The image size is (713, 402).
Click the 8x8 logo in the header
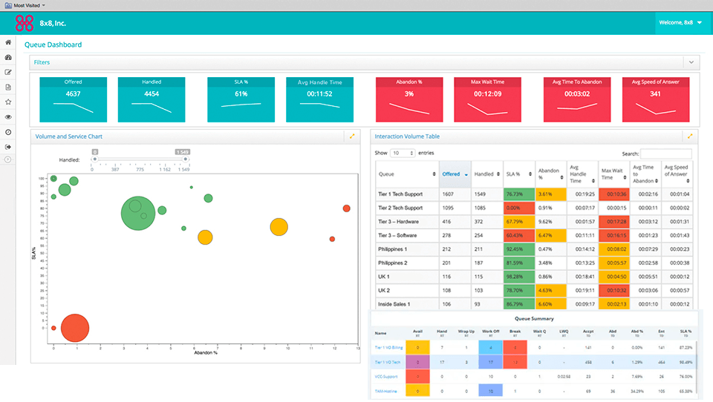25,23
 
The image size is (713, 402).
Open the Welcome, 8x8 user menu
679,23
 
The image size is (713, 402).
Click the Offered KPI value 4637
73,94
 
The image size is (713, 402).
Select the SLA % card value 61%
241,94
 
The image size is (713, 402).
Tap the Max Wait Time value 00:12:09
486,94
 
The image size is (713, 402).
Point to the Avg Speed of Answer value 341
655,94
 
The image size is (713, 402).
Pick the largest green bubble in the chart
136,213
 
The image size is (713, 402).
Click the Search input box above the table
666,153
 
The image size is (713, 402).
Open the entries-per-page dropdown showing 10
402,153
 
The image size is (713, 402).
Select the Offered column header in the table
451,174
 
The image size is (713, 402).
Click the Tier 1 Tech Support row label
400,194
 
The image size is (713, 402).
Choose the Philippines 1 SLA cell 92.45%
518,249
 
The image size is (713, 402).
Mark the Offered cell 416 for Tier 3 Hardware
448,221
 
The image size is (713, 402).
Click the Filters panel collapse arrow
691,62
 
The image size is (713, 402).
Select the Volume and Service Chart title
69,136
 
